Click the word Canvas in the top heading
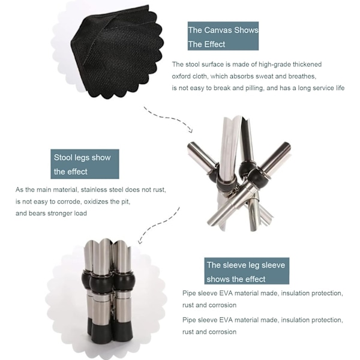coord(217,30)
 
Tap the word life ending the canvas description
coord(340,88)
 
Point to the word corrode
coord(68,202)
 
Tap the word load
coord(80,213)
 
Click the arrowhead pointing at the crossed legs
coord(191,130)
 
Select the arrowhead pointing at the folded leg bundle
coord(140,241)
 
